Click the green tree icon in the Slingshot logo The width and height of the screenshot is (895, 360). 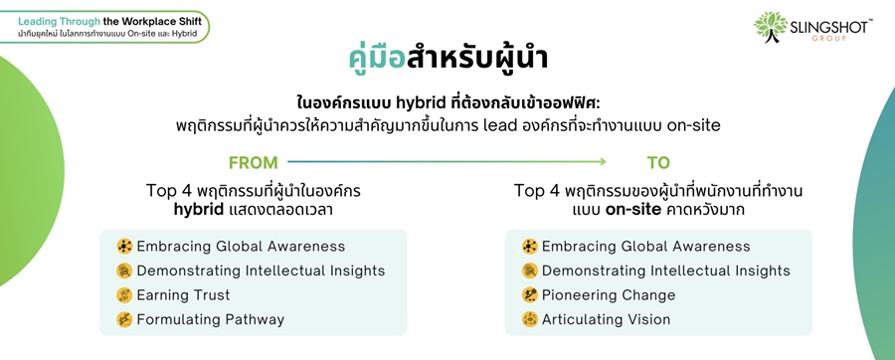point(770,26)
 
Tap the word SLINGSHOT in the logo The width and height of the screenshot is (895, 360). point(828,27)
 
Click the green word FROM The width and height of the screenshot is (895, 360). point(253,163)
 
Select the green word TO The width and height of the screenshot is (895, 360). point(658,163)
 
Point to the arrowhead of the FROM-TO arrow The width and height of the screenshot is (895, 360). point(603,162)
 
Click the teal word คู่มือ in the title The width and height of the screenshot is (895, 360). point(377,59)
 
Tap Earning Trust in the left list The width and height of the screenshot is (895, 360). point(183,295)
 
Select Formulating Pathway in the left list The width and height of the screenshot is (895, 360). point(211,319)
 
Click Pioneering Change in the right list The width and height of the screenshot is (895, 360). point(609,295)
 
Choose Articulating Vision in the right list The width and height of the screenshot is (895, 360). point(607,319)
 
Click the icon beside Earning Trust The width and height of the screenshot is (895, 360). point(124,295)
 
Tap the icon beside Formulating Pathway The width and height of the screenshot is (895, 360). point(124,319)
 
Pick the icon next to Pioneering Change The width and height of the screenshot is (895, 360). point(530,295)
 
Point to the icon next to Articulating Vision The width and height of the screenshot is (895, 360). point(530,319)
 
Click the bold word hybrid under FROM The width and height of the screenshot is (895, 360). point(199,210)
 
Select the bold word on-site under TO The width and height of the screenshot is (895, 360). point(633,210)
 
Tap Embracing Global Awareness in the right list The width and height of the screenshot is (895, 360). point(646,247)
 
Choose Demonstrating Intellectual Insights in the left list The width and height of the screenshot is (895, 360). point(261,270)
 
